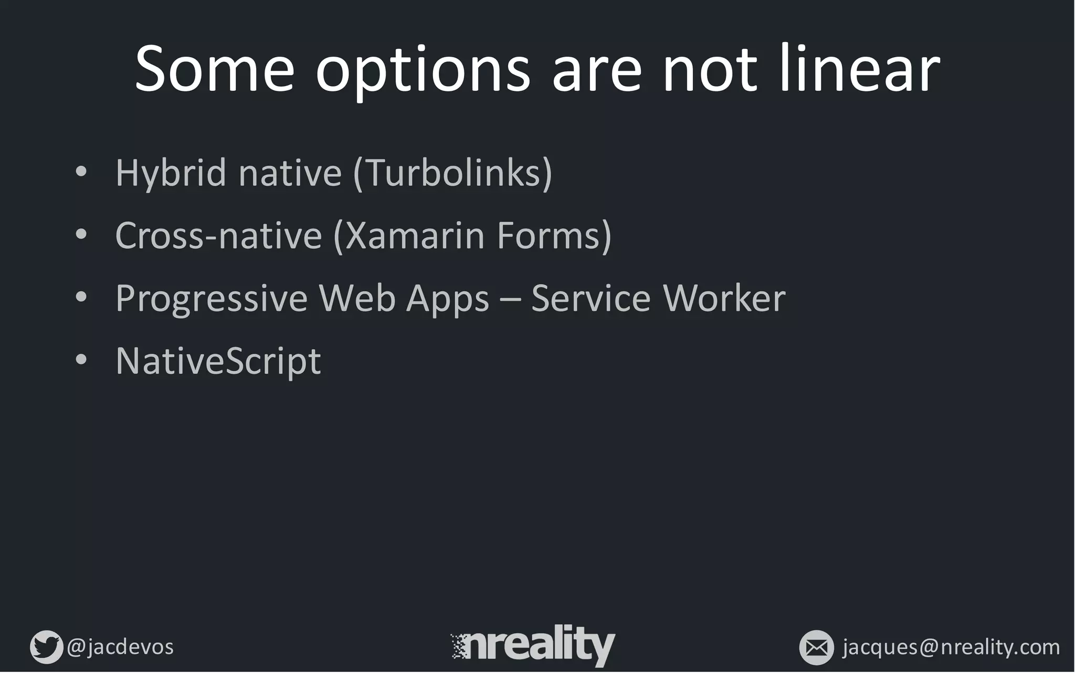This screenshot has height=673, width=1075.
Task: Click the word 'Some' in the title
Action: tap(214, 69)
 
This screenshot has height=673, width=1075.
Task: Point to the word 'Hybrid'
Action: tap(170, 173)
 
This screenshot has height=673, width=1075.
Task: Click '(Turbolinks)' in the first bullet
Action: tap(452, 173)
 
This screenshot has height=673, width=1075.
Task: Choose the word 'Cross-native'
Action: tap(218, 235)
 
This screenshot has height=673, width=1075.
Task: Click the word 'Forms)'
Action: tap(554, 235)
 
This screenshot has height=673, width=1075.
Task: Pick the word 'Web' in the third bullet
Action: tap(357, 298)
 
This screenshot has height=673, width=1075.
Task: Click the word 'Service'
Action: tap(591, 298)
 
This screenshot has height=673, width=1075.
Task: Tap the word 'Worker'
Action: tap(724, 298)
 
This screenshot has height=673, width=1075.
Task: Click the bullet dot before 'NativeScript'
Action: tap(81, 360)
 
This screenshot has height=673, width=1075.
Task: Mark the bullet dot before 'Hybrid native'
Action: tap(81, 172)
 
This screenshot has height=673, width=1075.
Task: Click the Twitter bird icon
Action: tap(46, 647)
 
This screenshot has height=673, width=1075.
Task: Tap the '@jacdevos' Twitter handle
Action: tap(120, 647)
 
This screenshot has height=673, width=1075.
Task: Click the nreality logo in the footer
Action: tap(533, 645)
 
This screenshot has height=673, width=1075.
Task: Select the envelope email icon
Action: tap(816, 647)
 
